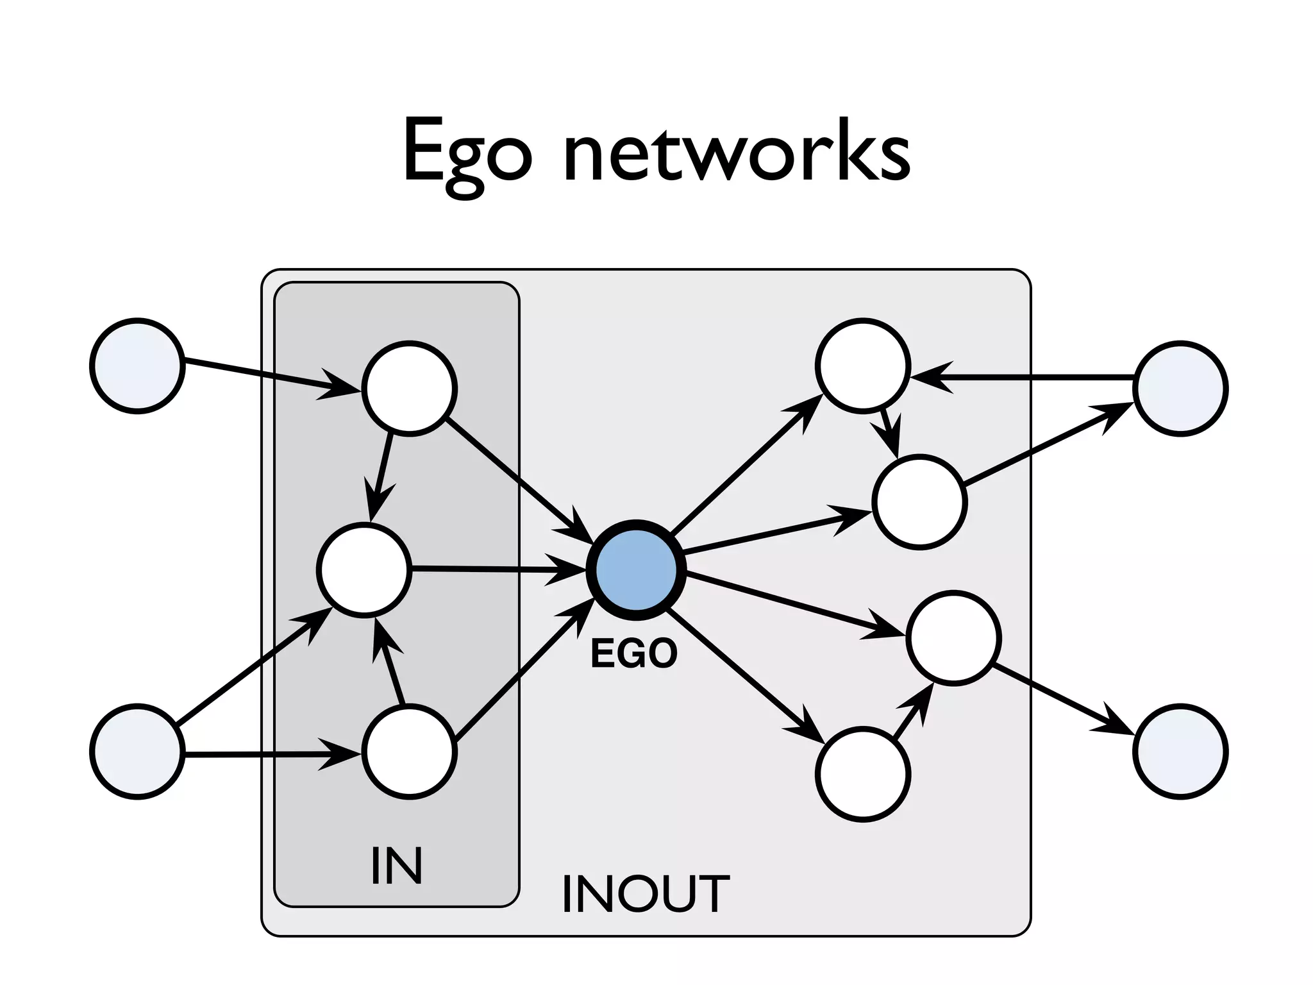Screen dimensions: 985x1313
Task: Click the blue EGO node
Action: pyautogui.click(x=636, y=569)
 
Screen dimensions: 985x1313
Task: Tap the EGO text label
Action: pyautogui.click(x=633, y=654)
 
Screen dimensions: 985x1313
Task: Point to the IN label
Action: pyautogui.click(x=396, y=866)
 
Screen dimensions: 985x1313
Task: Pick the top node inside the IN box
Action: pyautogui.click(x=410, y=389)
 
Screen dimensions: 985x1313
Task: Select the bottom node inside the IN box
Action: pyautogui.click(x=410, y=751)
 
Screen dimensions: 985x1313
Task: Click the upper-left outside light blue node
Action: pyautogui.click(x=137, y=366)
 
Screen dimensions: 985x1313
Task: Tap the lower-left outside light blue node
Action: pyautogui.click(x=137, y=751)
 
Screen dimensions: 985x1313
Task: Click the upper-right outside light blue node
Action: pyautogui.click(x=1180, y=389)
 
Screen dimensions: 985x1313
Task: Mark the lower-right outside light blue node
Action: pyautogui.click(x=1180, y=751)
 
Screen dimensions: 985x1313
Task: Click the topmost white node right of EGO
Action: pyautogui.click(x=863, y=366)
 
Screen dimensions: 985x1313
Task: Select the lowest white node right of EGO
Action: pyautogui.click(x=863, y=774)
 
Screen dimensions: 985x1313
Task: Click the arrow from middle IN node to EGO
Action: pyautogui.click(x=494, y=569)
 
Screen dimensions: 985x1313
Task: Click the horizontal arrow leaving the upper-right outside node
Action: pyautogui.click(x=1026, y=378)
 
